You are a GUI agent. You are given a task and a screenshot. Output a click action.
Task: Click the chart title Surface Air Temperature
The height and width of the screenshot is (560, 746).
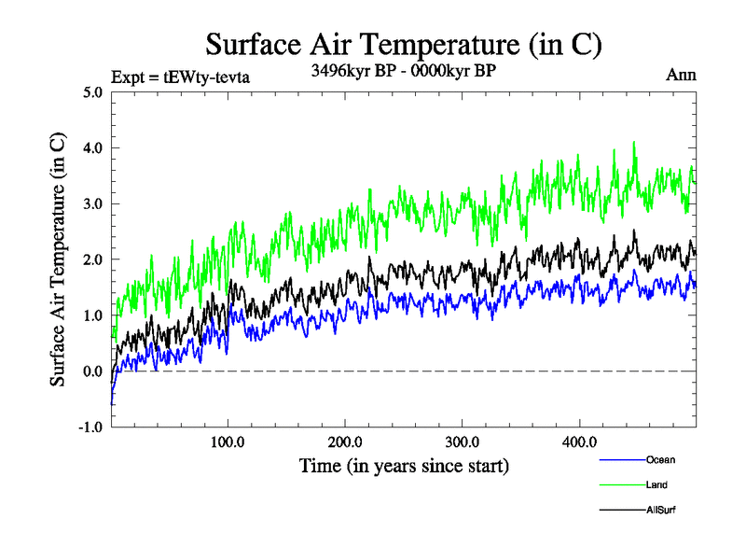coord(403,45)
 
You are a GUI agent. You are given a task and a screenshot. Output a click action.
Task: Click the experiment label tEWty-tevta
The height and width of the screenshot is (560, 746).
coord(180,77)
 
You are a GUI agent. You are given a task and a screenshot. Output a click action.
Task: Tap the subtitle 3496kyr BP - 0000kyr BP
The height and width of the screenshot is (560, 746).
coord(402,70)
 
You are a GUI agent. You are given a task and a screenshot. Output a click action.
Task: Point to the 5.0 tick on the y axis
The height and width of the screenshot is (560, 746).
coord(92,92)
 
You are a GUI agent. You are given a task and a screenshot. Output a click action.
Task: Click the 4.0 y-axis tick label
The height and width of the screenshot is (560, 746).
coord(92,148)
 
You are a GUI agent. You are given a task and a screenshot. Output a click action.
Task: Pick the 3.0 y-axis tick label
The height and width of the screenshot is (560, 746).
coord(92,204)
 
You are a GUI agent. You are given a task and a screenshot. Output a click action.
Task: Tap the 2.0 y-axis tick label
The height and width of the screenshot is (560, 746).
coord(92,259)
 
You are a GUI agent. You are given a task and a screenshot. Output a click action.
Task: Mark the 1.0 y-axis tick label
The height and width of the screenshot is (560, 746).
coord(92,315)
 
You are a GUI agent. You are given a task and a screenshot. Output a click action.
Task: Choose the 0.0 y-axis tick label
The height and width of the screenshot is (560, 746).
coord(92,371)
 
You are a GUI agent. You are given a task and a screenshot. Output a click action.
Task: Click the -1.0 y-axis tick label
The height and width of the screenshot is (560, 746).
coord(90,427)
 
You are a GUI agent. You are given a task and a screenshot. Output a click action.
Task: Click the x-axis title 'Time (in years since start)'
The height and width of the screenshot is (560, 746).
coord(403,464)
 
